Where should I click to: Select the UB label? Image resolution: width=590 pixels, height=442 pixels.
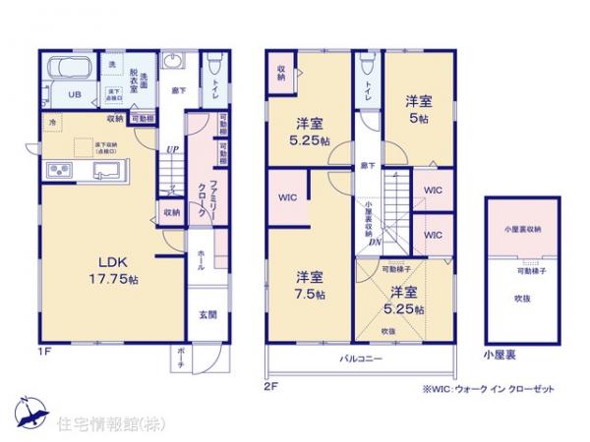click(73, 95)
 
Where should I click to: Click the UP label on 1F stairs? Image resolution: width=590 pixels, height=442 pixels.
click(172, 150)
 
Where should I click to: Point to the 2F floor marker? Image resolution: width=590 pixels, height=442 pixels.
click(272, 386)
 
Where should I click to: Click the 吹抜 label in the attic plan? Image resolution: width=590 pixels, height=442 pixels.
click(521, 298)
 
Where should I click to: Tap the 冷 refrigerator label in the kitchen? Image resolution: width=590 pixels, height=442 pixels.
click(51, 122)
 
